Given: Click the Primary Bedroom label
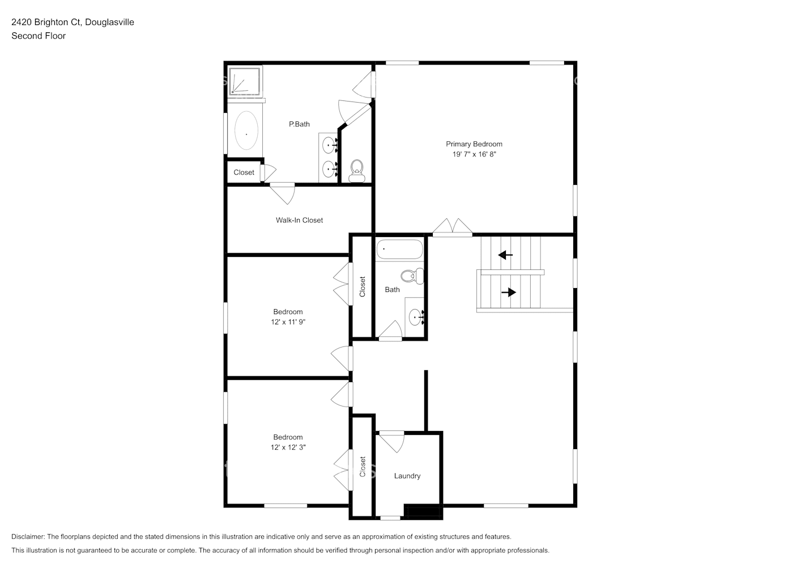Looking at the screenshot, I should pos(474,144).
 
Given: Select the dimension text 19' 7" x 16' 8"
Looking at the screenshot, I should pos(474,154).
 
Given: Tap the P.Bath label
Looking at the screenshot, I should pos(299,124).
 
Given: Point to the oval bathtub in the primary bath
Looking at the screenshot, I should pos(246,130).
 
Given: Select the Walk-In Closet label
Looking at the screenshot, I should pos(299,220).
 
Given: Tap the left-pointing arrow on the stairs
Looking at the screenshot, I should pos(505,255).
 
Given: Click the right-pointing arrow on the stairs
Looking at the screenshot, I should pos(509,293).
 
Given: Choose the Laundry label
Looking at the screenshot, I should pos(407,476).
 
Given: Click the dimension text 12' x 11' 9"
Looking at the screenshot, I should pos(288,322).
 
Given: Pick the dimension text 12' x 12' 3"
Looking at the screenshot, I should pos(288,447).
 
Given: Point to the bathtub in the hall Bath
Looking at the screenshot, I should pos(399,249).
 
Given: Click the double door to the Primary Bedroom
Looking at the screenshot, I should pos(453,227).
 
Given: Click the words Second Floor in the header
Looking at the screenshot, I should pos(39,36).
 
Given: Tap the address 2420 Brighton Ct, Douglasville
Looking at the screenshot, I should pos(73,22).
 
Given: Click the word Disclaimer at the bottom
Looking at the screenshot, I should pos(28,536).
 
